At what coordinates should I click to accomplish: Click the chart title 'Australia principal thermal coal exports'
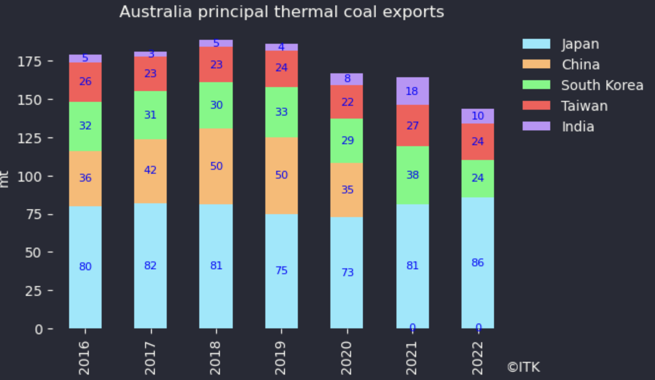(x=281, y=12)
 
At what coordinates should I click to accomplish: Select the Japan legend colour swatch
(x=536, y=44)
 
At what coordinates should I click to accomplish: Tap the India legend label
(x=578, y=126)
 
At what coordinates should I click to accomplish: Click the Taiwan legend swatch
(x=536, y=105)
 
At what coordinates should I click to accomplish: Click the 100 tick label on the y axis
(x=30, y=177)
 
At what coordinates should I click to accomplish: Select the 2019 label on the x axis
(x=281, y=358)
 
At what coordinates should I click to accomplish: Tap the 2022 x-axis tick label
(x=477, y=358)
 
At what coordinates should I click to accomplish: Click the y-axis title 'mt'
(x=4, y=179)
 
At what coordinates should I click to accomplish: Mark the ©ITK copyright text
(x=523, y=367)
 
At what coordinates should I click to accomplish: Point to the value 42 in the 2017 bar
(x=150, y=170)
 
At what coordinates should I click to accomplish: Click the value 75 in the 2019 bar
(x=281, y=270)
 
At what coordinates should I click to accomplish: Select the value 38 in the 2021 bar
(x=412, y=175)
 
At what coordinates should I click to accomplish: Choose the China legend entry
(x=580, y=64)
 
